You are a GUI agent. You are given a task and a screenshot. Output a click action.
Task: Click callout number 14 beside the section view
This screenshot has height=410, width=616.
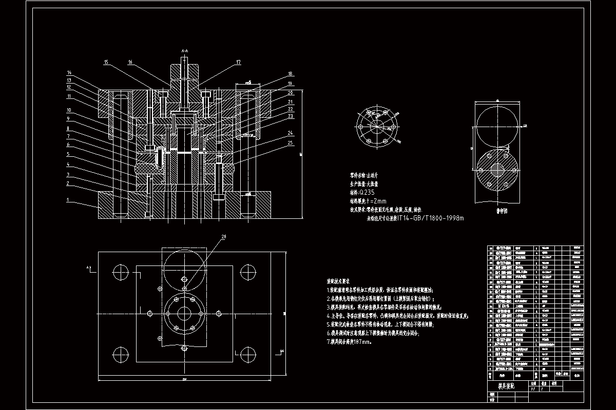[69, 72]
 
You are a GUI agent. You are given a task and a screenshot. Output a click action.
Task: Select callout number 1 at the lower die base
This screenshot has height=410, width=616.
[67, 200]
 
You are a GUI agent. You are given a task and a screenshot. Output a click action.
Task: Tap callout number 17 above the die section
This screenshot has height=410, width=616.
[238, 63]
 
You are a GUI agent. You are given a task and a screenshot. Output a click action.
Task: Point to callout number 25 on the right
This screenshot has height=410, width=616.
[291, 142]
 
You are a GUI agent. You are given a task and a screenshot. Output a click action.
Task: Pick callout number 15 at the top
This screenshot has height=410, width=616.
[106, 63]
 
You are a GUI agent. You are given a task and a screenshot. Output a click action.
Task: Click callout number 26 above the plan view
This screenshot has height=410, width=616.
[223, 237]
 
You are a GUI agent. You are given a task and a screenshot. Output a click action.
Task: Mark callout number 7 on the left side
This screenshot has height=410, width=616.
[68, 136]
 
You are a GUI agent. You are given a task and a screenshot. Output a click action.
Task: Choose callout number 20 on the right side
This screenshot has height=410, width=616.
[291, 93]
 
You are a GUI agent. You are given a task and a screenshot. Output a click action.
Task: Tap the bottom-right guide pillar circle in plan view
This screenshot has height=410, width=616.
[248, 353]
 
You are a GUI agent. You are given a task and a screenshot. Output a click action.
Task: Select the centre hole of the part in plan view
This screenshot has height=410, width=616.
[184, 313]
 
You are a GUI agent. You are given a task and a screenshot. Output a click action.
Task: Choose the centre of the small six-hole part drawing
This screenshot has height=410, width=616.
[377, 127]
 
